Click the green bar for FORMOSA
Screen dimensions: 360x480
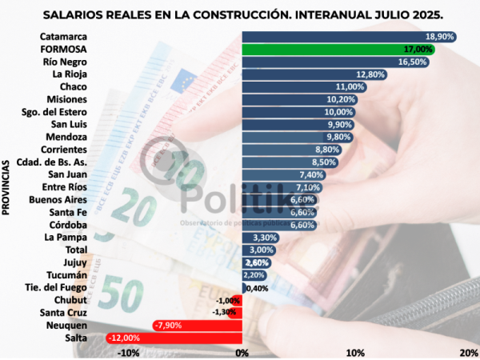click(x=340, y=49)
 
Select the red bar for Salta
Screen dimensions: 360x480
click(x=174, y=338)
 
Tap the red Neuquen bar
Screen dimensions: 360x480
click(x=197, y=326)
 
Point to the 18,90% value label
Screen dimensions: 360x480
click(x=440, y=37)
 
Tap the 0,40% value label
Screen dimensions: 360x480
click(x=256, y=288)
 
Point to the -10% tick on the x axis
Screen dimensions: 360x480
click(x=127, y=352)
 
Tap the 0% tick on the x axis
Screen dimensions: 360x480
click(x=242, y=352)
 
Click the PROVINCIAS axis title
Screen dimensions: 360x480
click(x=7, y=186)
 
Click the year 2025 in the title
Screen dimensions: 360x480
click(x=422, y=15)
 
